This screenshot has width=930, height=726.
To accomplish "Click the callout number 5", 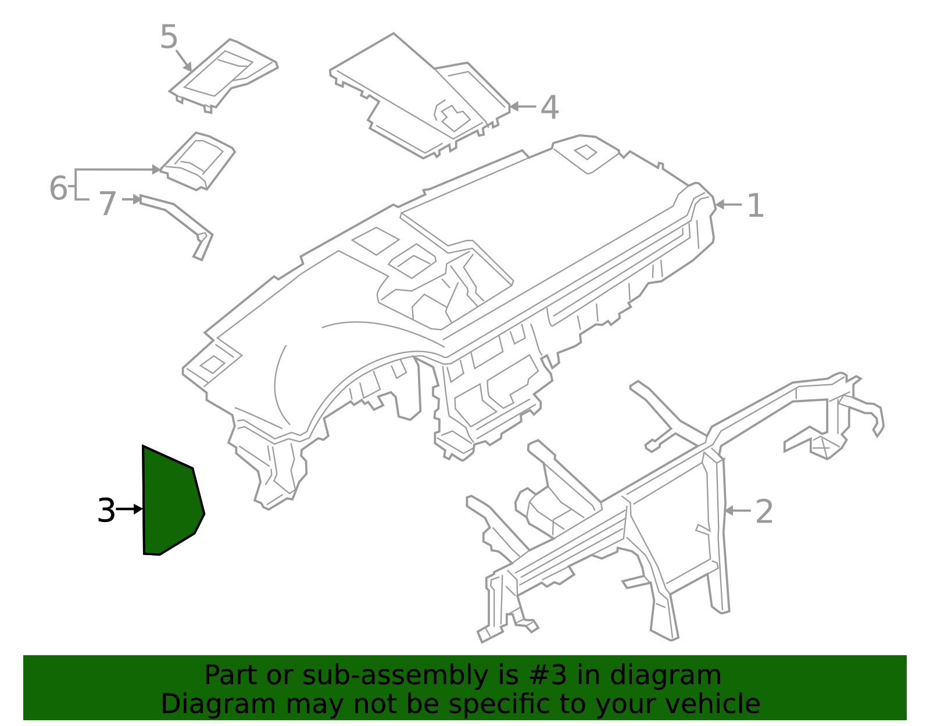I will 169,38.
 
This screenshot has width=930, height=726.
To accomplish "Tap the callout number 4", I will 549,108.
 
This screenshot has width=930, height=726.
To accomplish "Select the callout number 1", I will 754,206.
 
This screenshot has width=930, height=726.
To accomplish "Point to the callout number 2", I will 764,512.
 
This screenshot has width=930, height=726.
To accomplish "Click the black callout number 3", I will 106,511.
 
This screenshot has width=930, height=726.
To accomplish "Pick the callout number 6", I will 58,188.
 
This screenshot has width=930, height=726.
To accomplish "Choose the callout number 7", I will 108,204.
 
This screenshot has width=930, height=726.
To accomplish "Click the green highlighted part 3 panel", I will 170,506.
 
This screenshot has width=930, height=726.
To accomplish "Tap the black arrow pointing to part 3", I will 130,510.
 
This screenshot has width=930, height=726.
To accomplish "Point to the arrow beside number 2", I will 738,511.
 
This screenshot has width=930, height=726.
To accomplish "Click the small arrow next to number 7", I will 131,200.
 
